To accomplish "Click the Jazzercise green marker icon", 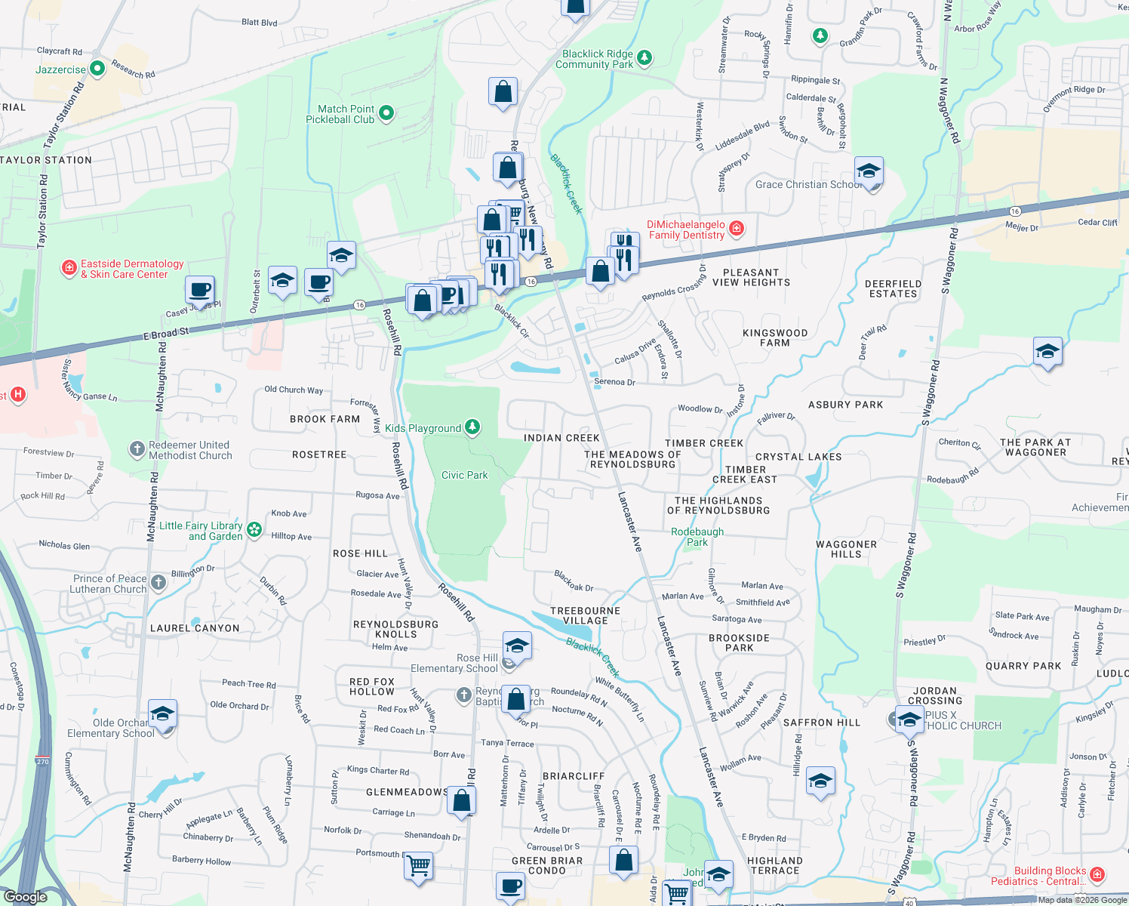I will (x=97, y=69).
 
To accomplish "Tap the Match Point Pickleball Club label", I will (x=340, y=114).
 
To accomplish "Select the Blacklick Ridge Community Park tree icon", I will (x=644, y=57).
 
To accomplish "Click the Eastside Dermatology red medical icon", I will (x=69, y=267).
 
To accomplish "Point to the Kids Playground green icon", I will (x=472, y=427).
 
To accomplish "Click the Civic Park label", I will (x=464, y=475).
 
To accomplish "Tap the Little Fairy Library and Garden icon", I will (x=254, y=530).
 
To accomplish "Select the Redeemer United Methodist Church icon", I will (x=137, y=449).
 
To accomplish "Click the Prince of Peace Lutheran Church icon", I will (x=158, y=582).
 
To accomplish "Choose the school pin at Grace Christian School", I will (x=869, y=172).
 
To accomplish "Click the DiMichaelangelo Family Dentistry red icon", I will (x=737, y=228).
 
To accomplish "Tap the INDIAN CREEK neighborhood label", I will (x=561, y=438).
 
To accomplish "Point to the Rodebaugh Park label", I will (x=697, y=537).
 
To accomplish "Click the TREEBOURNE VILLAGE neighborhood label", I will (x=585, y=615).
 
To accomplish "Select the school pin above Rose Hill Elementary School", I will (x=516, y=646).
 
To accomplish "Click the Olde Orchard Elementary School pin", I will (x=162, y=713).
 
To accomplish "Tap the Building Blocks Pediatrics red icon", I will (x=1097, y=874).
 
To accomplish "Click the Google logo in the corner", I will (x=25, y=896).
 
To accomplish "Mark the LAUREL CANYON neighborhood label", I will (x=195, y=628).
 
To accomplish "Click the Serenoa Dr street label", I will (x=614, y=382).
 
